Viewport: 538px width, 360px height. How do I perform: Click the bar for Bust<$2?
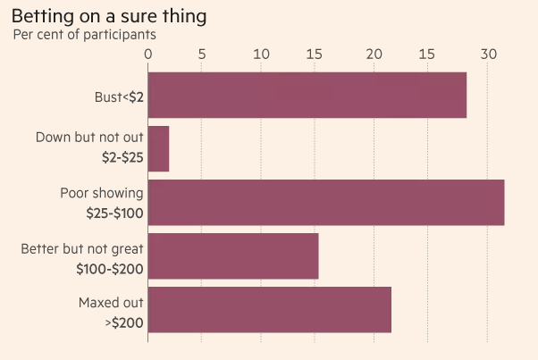[307, 95]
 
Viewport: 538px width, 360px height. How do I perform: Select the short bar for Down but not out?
[158, 148]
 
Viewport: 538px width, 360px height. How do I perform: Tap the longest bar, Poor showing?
[325, 202]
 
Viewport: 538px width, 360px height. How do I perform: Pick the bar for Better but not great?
[232, 255]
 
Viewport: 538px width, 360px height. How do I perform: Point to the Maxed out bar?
[269, 309]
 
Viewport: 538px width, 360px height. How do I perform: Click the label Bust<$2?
[119, 96]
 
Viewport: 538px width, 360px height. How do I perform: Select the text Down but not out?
[89, 138]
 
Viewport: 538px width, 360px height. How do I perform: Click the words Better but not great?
[82, 247]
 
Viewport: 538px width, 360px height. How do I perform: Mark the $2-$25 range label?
[122, 158]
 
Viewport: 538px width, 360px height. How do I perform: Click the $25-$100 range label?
[116, 213]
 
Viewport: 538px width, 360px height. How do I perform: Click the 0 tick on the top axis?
[148, 54]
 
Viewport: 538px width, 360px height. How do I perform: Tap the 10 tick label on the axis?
[261, 54]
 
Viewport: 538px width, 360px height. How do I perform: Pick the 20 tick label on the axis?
[374, 54]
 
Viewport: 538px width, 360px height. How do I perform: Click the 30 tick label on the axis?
[487, 54]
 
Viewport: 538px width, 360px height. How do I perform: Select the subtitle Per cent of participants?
[85, 35]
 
